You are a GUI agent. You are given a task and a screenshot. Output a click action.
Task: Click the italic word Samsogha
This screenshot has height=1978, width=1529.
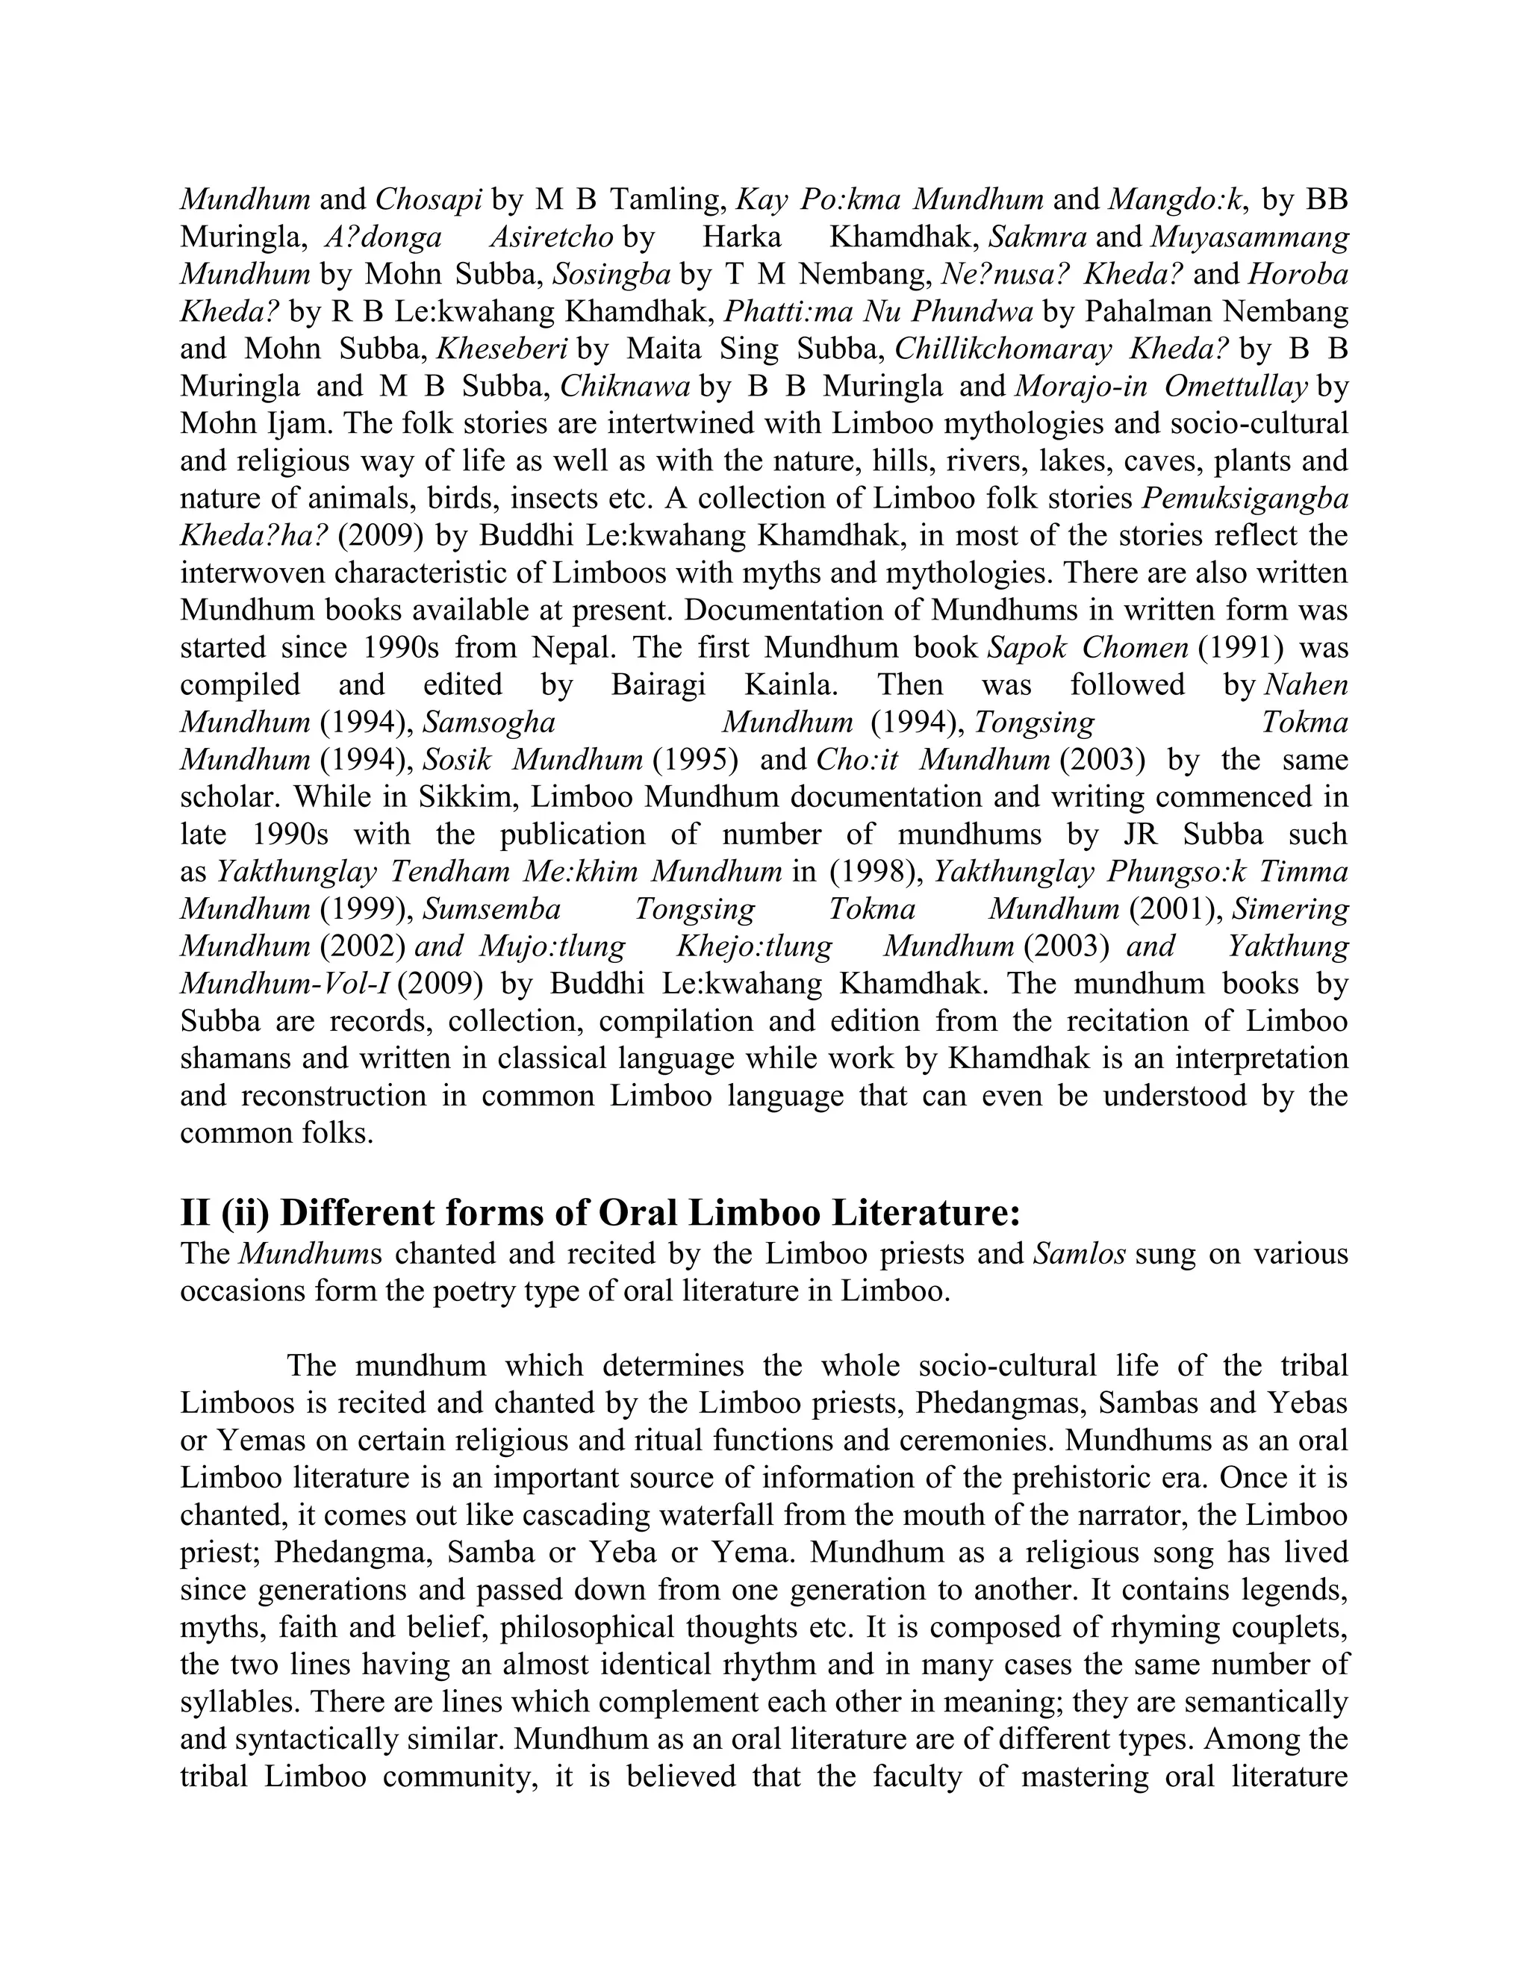pyautogui.click(x=489, y=723)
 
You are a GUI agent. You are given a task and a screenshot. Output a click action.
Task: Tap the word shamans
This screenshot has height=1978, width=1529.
pyautogui.click(x=237, y=1058)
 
